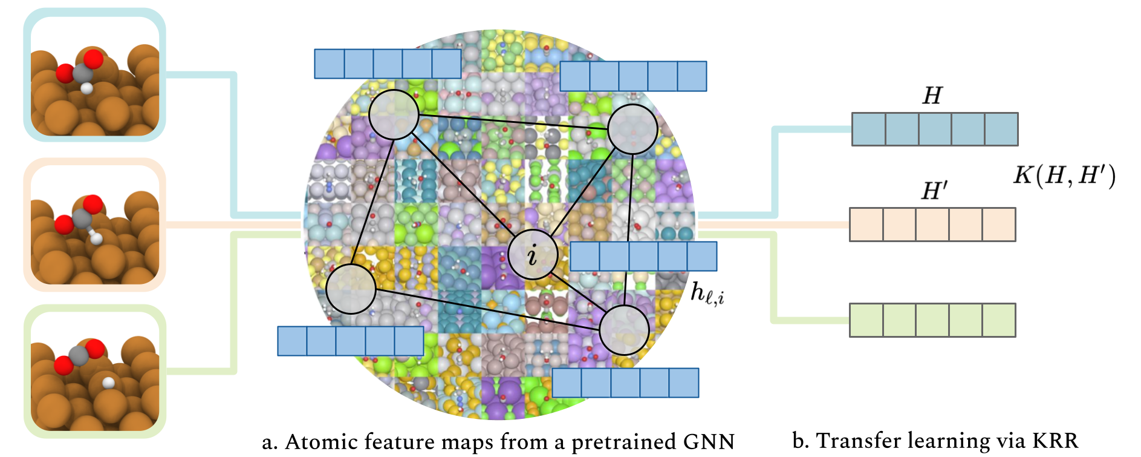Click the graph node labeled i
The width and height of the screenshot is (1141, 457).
(532, 255)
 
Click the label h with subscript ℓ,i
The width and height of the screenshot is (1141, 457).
(707, 294)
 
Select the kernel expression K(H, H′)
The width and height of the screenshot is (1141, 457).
(1064, 176)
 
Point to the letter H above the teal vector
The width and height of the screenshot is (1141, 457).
(932, 96)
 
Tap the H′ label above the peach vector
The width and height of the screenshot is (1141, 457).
(934, 191)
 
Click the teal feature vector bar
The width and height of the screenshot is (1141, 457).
(934, 129)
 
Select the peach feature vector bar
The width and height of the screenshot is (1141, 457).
(932, 225)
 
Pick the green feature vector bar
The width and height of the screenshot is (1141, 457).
(932, 320)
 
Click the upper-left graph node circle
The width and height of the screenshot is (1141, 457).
(394, 114)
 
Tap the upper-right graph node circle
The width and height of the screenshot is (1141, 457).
(632, 129)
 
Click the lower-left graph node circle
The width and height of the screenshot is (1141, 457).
(351, 289)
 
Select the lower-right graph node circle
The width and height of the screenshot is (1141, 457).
(624, 330)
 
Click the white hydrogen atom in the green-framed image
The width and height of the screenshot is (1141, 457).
(108, 383)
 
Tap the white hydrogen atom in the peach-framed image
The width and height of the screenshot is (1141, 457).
(97, 238)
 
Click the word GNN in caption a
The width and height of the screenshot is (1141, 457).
(709, 442)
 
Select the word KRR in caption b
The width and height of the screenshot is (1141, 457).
(1055, 441)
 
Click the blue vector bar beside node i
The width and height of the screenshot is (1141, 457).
(643, 256)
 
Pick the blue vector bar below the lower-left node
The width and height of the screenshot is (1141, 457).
(350, 341)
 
